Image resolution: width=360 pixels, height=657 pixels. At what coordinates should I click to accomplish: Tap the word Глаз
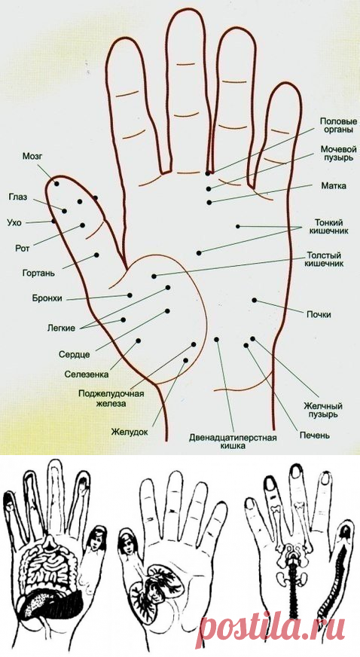(18, 197)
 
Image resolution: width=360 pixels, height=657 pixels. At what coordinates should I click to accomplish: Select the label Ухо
(16, 222)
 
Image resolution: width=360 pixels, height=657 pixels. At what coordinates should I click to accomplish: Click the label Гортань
(38, 273)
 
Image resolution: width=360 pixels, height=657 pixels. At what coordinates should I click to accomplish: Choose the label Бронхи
(47, 299)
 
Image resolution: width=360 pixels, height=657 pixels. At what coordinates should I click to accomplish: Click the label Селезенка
(87, 374)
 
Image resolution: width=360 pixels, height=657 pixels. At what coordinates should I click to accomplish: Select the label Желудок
(130, 431)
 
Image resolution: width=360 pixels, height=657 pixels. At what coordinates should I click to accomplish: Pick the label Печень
(314, 435)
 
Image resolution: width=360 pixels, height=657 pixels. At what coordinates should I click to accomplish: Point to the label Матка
(334, 185)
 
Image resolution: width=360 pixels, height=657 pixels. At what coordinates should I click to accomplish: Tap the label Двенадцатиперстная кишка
(233, 442)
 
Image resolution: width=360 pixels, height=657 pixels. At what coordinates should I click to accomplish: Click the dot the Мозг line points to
(56, 184)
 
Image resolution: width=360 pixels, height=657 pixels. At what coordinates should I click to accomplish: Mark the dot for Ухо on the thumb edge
(53, 221)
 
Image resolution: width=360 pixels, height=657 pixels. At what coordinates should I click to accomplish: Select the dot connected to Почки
(254, 300)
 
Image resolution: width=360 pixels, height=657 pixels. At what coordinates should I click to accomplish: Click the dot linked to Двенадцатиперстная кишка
(217, 339)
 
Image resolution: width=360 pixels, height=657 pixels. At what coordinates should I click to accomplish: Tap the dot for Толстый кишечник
(154, 276)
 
